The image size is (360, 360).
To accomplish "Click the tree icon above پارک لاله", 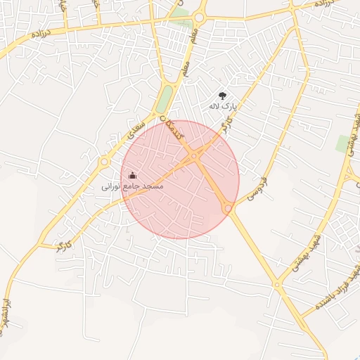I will (223, 95).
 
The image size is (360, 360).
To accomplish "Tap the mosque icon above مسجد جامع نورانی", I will (133, 175).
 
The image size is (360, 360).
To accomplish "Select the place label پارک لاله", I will (224, 106).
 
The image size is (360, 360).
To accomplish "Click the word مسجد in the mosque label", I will (153, 186).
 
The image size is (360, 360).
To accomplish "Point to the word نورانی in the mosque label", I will (112, 187).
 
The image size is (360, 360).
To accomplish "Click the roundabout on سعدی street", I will (104, 162).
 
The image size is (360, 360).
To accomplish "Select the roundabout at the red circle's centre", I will (193, 156).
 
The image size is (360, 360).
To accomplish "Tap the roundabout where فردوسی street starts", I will (228, 208).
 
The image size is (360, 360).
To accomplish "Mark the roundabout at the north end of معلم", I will (199, 16).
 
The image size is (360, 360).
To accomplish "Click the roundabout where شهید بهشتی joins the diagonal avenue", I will (276, 285).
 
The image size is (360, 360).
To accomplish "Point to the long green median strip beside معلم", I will (165, 98).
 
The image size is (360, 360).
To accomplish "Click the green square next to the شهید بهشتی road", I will (344, 143).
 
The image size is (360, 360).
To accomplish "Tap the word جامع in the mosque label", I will (132, 187).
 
